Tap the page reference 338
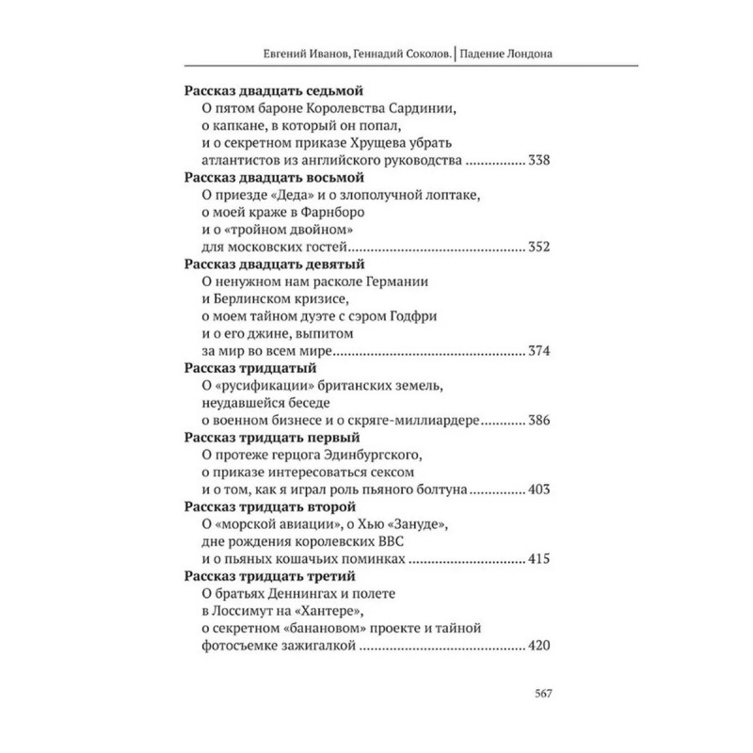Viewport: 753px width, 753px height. [538, 161]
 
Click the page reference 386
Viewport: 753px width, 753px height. [538, 421]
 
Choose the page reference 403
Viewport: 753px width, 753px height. [538, 490]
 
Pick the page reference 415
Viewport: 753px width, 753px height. [538, 559]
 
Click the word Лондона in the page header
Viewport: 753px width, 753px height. [525, 54]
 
